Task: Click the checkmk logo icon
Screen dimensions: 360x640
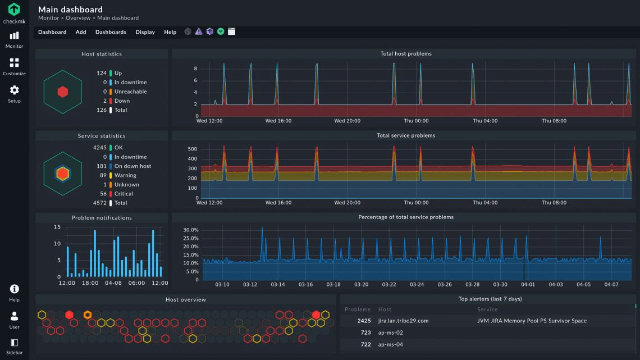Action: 14,10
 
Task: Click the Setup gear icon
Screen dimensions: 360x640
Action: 14,90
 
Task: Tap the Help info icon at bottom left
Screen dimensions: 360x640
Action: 14,289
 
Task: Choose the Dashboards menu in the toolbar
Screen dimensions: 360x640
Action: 111,32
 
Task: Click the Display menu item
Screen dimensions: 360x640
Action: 145,32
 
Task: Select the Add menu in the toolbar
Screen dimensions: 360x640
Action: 81,32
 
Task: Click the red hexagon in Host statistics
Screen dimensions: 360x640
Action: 63,92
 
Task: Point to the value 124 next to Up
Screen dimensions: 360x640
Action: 101,73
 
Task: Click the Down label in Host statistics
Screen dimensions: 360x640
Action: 122,101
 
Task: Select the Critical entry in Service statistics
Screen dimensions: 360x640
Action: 124,194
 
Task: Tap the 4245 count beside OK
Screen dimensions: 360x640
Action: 99,148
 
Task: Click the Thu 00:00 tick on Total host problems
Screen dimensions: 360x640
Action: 416,121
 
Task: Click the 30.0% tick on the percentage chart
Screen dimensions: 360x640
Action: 191,230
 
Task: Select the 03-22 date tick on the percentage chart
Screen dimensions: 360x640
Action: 389,285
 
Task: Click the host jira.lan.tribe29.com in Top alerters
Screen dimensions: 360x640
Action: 403,321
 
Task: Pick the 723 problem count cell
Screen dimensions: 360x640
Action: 365,333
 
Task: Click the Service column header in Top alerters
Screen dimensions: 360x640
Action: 487,309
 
